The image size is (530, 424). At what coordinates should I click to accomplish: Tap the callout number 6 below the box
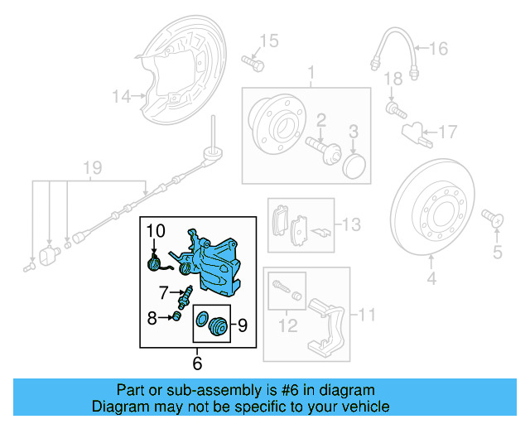coord(197,362)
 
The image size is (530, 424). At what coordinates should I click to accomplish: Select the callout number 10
coord(157,229)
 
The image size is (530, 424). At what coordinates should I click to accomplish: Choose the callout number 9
coord(243,325)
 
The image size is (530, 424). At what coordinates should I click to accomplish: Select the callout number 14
coord(121,97)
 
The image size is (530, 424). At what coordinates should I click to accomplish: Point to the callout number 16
coord(437,49)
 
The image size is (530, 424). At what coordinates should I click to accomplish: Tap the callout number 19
coord(92,169)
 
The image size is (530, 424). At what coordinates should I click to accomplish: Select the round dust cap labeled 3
coord(354,163)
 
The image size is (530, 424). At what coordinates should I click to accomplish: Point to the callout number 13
coord(351,224)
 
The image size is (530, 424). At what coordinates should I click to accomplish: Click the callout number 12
coord(287,326)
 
